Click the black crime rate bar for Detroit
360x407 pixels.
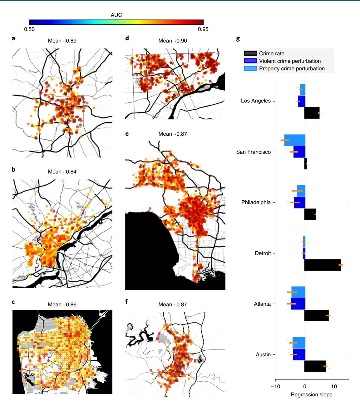click(x=323, y=265)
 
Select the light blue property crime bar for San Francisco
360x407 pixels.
click(x=295, y=140)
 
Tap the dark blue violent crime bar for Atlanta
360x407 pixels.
click(x=298, y=304)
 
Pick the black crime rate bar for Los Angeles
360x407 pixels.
click(x=312, y=113)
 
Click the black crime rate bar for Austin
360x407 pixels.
click(x=315, y=366)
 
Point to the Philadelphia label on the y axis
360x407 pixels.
click(x=256, y=202)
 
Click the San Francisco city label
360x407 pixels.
click(x=253, y=152)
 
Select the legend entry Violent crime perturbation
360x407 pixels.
click(x=290, y=61)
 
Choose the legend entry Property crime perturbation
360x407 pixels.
click(x=292, y=68)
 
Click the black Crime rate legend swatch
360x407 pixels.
click(x=250, y=53)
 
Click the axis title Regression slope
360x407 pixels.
click(x=311, y=394)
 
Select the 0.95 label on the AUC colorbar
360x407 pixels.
click(x=203, y=29)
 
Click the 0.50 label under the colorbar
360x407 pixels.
click(x=29, y=29)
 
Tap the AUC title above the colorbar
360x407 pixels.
click(x=116, y=15)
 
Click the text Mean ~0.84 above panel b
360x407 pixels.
click(x=62, y=172)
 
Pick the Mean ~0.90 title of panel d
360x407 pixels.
click(x=173, y=41)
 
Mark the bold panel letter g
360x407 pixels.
click(x=238, y=39)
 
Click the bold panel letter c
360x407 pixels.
click(x=13, y=302)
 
